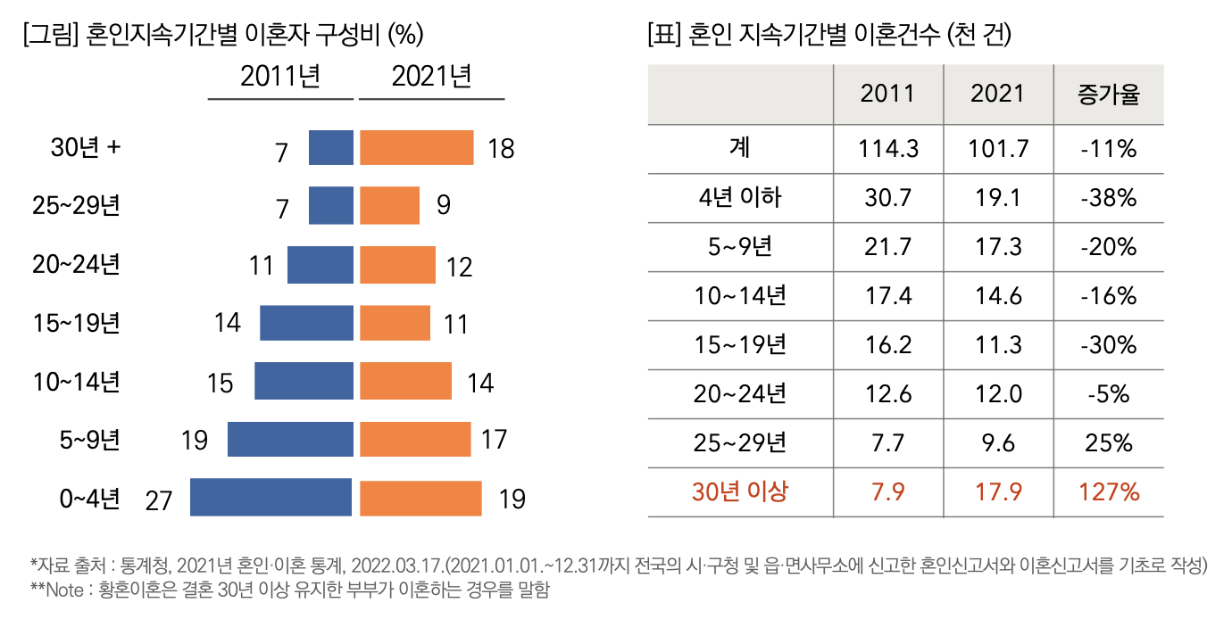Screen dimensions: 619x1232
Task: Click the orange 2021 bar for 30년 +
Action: [416, 148]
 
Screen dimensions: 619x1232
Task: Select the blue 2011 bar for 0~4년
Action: [271, 498]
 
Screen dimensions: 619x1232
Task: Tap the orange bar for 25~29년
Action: [389, 205]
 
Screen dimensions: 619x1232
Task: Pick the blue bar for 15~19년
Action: [305, 323]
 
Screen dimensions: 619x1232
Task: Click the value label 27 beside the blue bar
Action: [158, 500]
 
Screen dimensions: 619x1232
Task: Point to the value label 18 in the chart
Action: [502, 149]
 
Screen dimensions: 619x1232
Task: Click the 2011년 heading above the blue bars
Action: [280, 78]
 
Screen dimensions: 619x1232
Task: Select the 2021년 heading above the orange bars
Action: [431, 78]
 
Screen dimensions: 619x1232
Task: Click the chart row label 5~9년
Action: [89, 440]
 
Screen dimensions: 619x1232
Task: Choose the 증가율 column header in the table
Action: [1109, 95]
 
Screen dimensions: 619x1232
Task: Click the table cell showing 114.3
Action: [888, 148]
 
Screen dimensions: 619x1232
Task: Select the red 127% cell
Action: [1109, 491]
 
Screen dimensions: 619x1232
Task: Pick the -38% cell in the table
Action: [1109, 197]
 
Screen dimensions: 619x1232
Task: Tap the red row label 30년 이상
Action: [740, 491]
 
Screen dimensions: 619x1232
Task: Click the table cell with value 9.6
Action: [998, 442]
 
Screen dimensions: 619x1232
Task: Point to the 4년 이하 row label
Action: [740, 197]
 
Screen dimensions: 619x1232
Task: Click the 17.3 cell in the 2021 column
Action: [998, 246]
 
